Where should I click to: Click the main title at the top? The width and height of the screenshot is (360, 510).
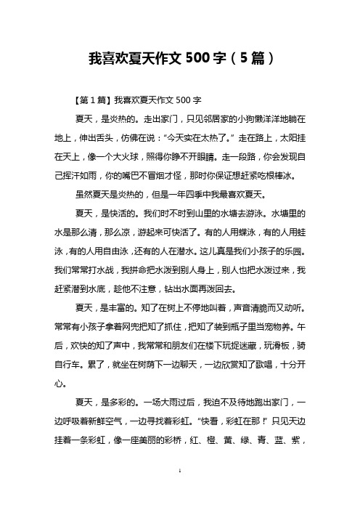coord(180,57)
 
